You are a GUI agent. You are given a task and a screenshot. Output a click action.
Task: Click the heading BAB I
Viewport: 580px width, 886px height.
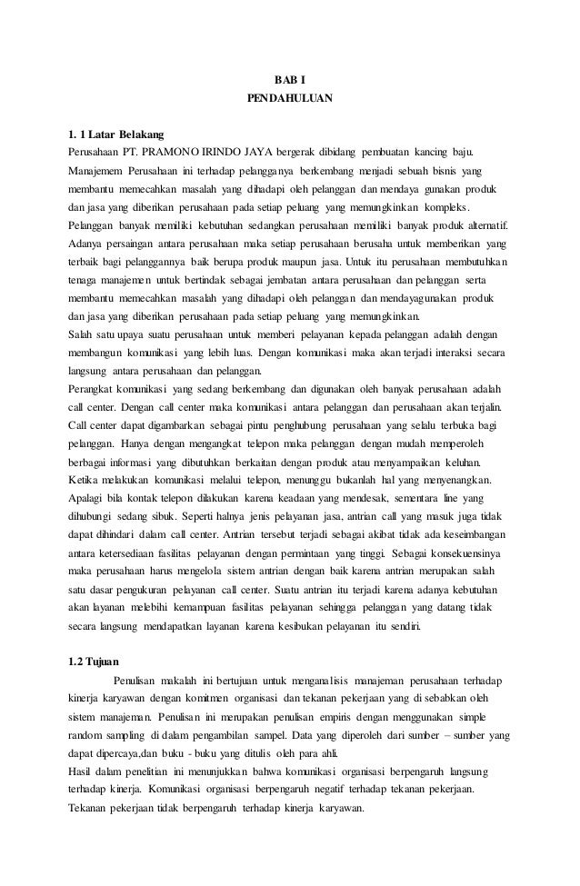290,79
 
